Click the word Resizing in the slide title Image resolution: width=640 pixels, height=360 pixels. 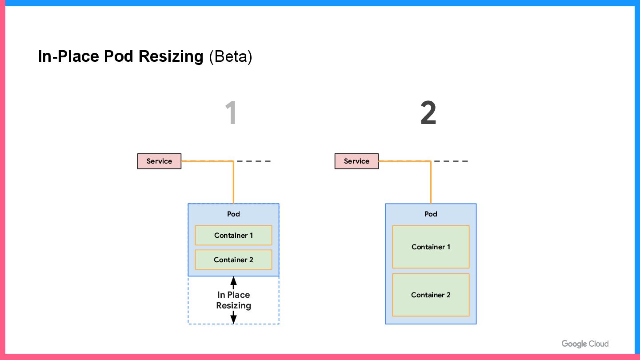coord(171,56)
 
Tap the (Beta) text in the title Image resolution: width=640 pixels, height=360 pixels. coord(231,56)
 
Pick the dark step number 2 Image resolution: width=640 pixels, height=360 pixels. coord(428,112)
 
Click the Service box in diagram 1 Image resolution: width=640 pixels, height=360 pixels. coord(159,161)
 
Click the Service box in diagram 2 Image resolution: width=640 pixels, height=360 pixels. coord(356,161)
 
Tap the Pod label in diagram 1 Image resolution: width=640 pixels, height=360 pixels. coord(233,214)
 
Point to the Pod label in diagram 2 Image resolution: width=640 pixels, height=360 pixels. coord(431,214)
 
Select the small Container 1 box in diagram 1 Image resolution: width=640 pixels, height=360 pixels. coord(233,236)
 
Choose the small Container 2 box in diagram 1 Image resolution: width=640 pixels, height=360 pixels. coord(233,260)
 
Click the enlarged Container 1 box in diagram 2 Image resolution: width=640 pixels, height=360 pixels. coord(431,247)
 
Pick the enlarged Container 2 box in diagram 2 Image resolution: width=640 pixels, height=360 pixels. coord(431,295)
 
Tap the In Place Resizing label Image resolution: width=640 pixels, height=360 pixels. coord(233,300)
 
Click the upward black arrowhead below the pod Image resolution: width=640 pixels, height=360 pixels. coord(233,280)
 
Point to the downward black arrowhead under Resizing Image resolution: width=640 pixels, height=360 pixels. coord(233,320)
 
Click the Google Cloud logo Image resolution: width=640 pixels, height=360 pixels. coord(585,344)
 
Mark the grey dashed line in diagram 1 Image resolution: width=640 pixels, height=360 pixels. coord(254,161)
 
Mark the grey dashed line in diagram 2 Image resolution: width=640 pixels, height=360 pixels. coord(451,161)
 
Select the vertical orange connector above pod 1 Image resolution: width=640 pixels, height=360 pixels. coord(233,182)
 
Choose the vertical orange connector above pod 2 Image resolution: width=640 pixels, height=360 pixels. coord(431,182)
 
